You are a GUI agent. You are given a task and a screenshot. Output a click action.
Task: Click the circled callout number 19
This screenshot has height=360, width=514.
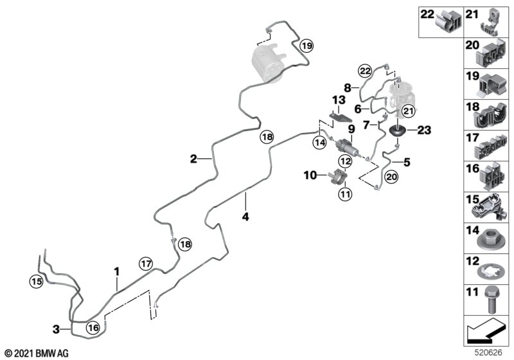pos(307,46)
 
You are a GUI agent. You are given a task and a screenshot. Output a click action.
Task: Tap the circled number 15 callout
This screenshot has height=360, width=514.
pos(37,282)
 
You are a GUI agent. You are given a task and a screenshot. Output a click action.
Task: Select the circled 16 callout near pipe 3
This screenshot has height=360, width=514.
pos(93,328)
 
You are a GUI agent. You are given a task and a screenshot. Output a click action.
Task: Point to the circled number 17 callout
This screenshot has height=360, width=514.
pos(146,264)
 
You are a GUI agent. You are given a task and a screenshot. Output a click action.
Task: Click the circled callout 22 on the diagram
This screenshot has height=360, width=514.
pos(365,71)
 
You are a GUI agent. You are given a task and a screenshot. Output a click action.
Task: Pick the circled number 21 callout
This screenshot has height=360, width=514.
pos(409,111)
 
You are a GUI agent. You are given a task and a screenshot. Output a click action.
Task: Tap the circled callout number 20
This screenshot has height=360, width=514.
pos(391,177)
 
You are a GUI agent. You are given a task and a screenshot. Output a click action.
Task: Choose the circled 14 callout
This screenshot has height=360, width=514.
pos(319,143)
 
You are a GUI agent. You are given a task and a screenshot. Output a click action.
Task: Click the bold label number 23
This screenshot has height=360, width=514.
pos(424,130)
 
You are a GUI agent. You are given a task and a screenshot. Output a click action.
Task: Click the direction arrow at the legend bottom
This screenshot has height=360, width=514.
pos(485,330)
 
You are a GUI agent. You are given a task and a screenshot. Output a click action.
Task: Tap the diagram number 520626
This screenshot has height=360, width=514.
pos(489,353)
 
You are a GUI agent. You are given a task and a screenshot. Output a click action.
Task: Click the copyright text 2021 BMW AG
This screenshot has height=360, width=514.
pos(37,354)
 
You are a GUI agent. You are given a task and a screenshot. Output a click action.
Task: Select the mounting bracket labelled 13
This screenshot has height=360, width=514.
pos(341,117)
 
